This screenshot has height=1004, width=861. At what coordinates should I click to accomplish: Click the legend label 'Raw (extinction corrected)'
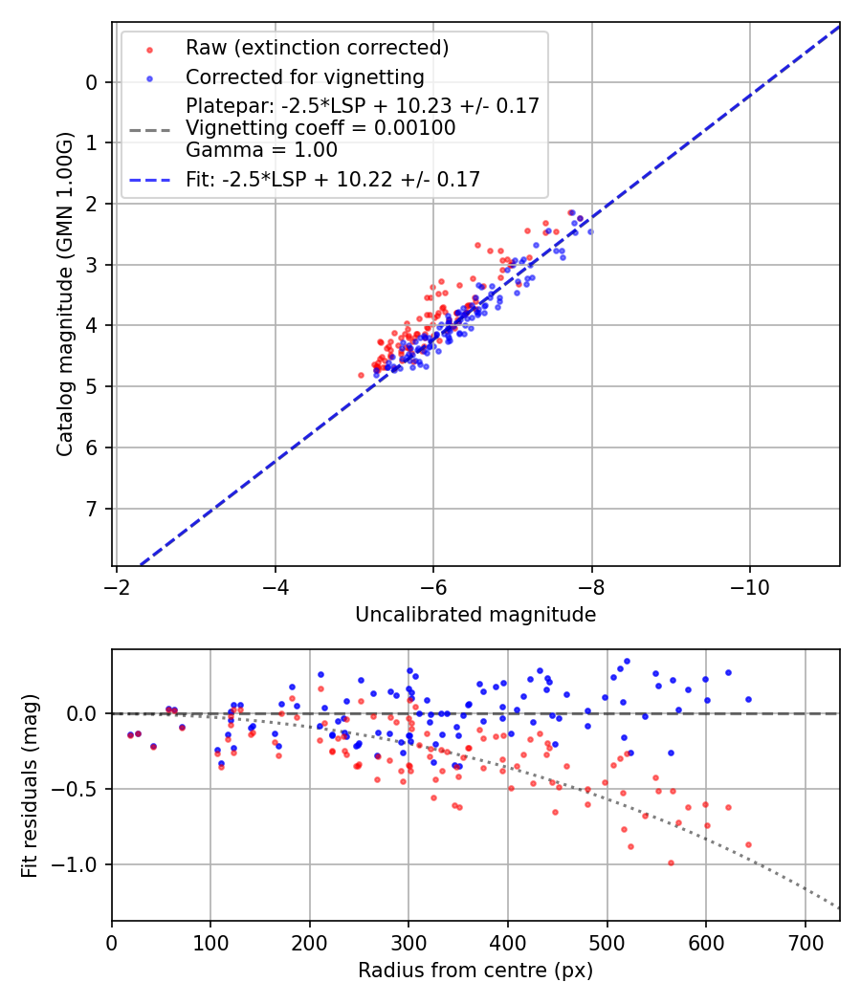pos(317,48)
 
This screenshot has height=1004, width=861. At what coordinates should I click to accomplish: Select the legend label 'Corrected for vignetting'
pos(305,76)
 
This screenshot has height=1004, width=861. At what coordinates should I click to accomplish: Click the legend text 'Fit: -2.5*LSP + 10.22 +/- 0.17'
pos(333,179)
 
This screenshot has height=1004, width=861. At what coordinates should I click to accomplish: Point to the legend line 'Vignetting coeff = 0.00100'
pos(320,128)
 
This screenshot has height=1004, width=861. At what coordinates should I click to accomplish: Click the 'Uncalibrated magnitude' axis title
pos(475,615)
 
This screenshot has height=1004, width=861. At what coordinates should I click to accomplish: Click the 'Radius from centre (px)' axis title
pos(475,971)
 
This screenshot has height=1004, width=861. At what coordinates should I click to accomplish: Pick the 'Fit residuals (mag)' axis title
pos(31,786)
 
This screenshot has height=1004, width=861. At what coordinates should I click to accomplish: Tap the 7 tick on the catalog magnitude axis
pos(92,509)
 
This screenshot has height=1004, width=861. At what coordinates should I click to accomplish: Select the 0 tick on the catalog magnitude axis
pos(92,82)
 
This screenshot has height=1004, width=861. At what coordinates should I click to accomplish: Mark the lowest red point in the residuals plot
pos(671,862)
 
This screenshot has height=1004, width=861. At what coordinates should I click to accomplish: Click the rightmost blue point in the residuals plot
pos(748,699)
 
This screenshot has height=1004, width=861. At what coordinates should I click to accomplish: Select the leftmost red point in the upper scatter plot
pos(361,375)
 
